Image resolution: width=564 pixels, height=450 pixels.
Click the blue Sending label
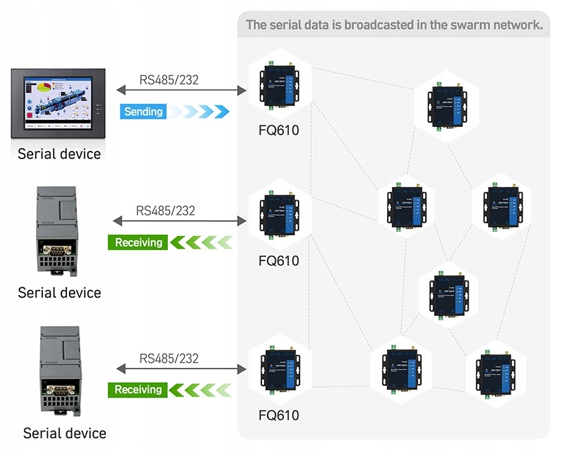(143, 111)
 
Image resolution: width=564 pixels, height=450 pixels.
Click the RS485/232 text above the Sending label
(169, 80)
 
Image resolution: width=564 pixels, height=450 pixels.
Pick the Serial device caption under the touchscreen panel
(59, 154)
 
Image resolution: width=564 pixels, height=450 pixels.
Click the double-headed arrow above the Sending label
(182, 91)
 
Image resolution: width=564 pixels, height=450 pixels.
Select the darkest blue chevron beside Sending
(221, 111)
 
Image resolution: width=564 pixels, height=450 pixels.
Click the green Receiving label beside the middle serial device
(138, 242)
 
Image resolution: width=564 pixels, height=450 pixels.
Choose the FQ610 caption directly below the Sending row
(279, 129)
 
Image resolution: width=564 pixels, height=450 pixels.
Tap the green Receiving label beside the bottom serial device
(138, 390)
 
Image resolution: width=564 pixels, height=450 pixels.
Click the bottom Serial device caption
(64, 433)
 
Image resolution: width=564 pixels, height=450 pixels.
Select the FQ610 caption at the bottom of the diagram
(279, 415)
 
